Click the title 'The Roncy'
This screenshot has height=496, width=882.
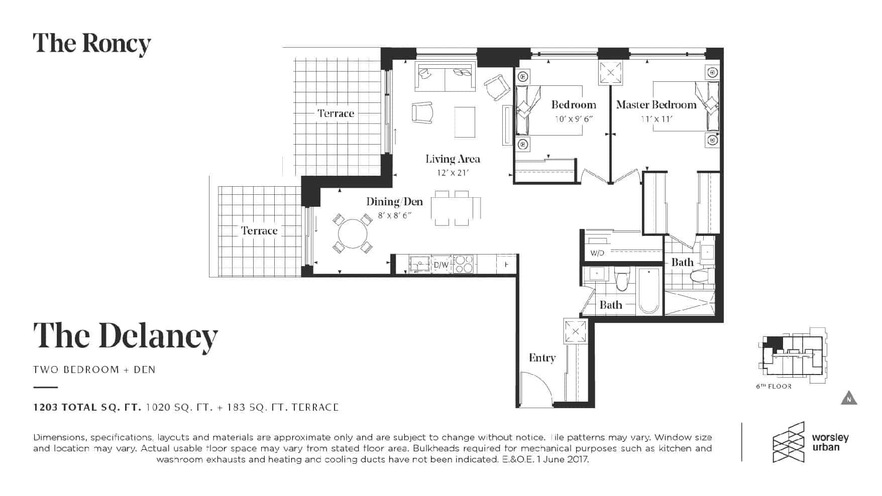pos(92,44)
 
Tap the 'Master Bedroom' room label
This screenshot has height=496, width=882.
pos(656,105)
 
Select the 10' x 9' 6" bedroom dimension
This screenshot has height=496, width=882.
pos(574,119)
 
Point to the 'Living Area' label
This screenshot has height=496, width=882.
pos(453,159)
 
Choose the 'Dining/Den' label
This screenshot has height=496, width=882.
pos(394,202)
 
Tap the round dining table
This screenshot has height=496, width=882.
pos(353,233)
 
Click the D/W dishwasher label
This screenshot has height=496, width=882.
pos(441,265)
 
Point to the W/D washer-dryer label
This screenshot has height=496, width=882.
pos(597,253)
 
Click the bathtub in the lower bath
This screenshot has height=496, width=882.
pos(648,291)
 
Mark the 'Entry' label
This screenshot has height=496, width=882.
pos(542,358)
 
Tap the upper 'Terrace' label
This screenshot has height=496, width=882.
pos(336,113)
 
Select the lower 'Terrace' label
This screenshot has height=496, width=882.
pos(259,231)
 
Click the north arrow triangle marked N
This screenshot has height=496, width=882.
pos(849,398)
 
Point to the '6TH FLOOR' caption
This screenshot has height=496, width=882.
pos(774,387)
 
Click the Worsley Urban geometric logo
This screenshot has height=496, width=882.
pos(789,442)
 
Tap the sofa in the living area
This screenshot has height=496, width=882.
pos(445,77)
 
